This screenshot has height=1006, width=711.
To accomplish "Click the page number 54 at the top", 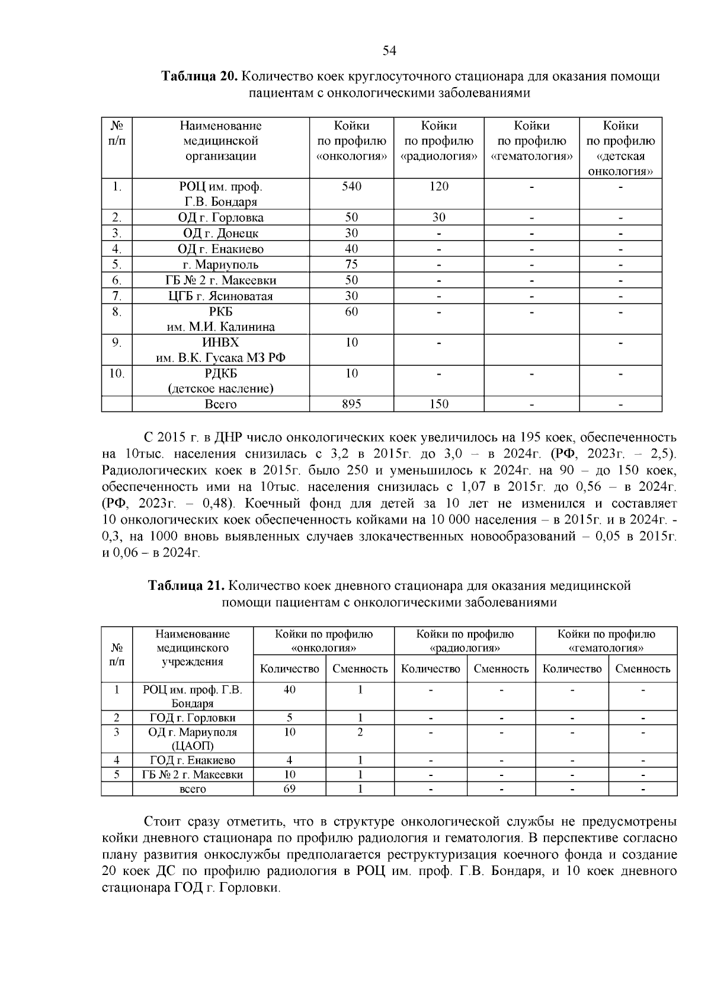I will (x=389, y=50).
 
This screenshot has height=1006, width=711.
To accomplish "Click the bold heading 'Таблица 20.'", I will (x=199, y=77).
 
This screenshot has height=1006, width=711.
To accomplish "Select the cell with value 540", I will (x=351, y=187).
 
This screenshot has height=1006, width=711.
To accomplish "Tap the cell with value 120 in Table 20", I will (x=438, y=187).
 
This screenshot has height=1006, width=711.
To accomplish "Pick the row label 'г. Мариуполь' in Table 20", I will (x=220, y=264).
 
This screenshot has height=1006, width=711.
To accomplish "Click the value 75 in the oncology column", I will (x=351, y=264).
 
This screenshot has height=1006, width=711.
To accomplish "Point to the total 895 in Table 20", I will (x=351, y=404).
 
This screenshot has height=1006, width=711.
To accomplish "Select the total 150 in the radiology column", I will (x=438, y=404).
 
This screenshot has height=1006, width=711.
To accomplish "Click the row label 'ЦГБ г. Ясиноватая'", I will (x=220, y=296).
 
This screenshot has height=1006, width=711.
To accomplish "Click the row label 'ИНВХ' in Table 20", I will (x=220, y=343).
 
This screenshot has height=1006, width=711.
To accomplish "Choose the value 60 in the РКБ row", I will (x=351, y=312).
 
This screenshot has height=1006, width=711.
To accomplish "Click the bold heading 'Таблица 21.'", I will (x=185, y=586).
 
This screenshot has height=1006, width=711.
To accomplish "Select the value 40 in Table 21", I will (x=290, y=690).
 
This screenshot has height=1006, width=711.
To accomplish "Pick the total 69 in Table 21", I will (x=290, y=789).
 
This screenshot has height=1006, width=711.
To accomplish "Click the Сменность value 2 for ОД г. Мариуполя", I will (x=360, y=732).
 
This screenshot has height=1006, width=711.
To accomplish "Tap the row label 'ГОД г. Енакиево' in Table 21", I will (x=193, y=761).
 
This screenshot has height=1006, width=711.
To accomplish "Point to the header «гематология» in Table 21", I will (x=606, y=648).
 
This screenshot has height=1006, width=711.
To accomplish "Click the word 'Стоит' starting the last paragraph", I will (x=162, y=822).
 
